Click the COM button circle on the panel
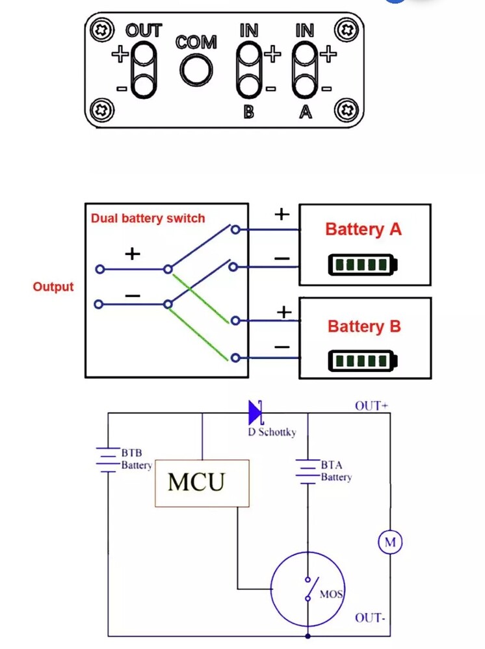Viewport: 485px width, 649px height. coord(196,70)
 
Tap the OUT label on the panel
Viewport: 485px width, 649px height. coord(143,31)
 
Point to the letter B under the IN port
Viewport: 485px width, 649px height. coord(248,112)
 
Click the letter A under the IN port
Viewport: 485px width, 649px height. coord(305,112)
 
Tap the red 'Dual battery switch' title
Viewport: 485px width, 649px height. coord(148,219)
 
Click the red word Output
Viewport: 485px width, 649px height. coord(53,287)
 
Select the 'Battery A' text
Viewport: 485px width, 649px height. coord(363,229)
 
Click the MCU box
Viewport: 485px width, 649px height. coord(202,483)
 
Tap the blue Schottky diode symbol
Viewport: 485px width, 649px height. coord(255,412)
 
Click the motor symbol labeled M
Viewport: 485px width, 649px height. coord(391,542)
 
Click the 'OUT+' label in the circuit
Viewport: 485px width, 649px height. coord(371,406)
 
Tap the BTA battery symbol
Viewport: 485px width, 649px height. coord(307,471)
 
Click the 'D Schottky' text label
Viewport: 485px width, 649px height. coord(272,432)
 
